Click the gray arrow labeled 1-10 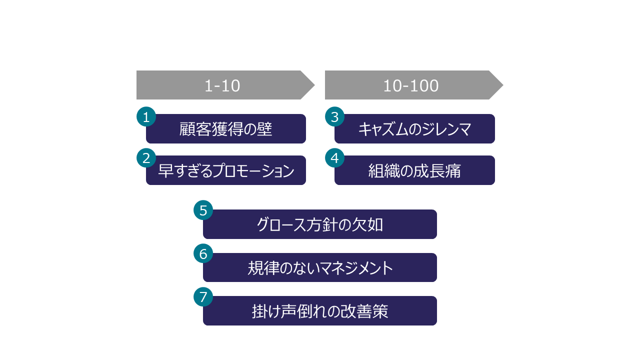222,85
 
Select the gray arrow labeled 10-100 411,85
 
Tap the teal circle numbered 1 146,117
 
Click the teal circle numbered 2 146,158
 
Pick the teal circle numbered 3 334,117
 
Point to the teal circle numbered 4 334,158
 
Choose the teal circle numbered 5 203,210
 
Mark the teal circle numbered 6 203,254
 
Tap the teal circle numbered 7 203,297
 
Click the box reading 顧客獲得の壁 226,129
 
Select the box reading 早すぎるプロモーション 226,170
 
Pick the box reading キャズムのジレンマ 414,129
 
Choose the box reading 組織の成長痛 414,170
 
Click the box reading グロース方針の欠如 320,224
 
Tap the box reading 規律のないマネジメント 320,268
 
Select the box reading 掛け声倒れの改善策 320,311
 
